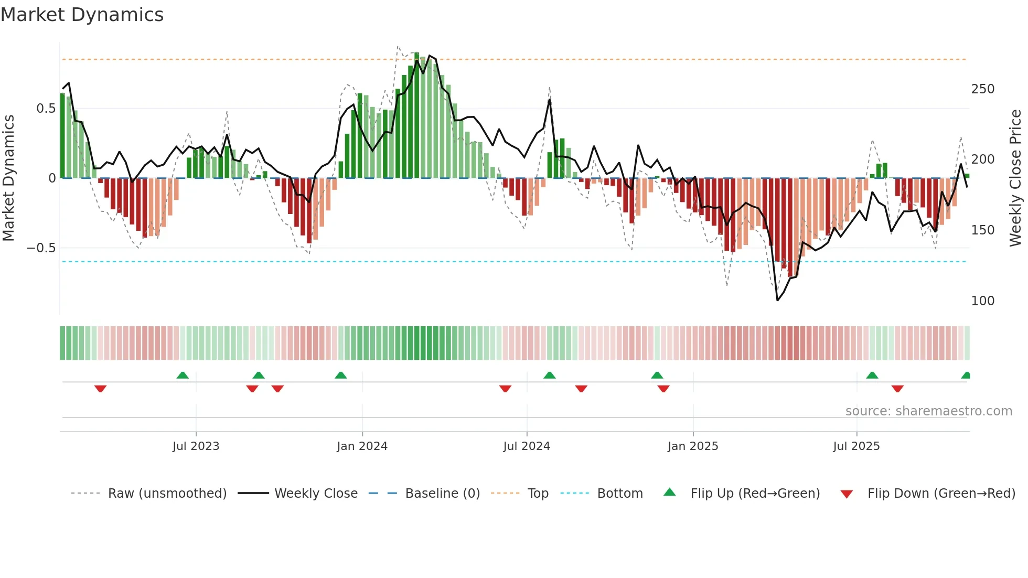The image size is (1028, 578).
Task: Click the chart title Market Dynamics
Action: click(x=82, y=15)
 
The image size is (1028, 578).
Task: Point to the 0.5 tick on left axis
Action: click(x=46, y=109)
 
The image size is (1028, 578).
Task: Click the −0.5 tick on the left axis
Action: click(x=41, y=248)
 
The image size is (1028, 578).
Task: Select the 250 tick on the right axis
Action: click(x=982, y=89)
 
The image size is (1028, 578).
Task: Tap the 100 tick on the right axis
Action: click(x=982, y=301)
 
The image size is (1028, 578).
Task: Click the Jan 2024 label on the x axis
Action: click(x=362, y=446)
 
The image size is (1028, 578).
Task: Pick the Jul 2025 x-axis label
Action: click(x=856, y=446)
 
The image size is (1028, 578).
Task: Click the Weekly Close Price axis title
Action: click(x=1015, y=178)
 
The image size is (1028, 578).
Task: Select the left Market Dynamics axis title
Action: click(x=8, y=178)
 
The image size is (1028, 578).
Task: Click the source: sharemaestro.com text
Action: click(x=928, y=411)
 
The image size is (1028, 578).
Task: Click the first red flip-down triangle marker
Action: click(x=101, y=389)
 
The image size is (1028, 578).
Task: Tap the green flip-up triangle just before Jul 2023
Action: click(x=183, y=375)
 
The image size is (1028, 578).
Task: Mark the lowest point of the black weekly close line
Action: click(x=777, y=301)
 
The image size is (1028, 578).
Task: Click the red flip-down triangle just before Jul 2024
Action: click(x=505, y=389)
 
